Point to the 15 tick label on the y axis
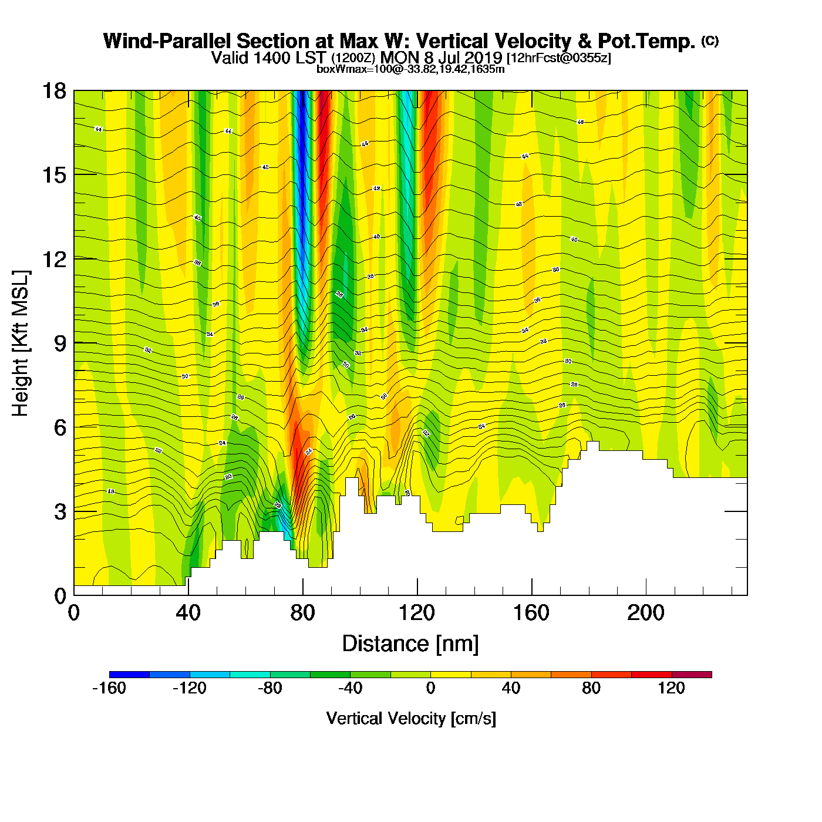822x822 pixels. (53, 175)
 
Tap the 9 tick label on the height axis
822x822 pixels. (60, 343)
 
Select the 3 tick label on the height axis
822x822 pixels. (60, 512)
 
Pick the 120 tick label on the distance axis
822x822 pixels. (417, 613)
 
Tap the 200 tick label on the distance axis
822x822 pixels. (646, 613)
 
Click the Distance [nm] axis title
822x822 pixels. (410, 644)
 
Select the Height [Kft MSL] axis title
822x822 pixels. (21, 343)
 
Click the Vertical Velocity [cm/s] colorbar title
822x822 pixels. (411, 718)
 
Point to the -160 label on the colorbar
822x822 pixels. (109, 688)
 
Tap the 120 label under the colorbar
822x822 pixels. (671, 688)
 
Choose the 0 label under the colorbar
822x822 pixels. (430, 688)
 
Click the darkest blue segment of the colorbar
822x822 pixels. (129, 674)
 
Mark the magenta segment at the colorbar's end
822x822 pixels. (691, 674)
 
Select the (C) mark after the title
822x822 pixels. (710, 41)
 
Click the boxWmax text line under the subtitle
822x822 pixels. (410, 69)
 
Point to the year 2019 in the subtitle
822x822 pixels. (484, 58)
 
